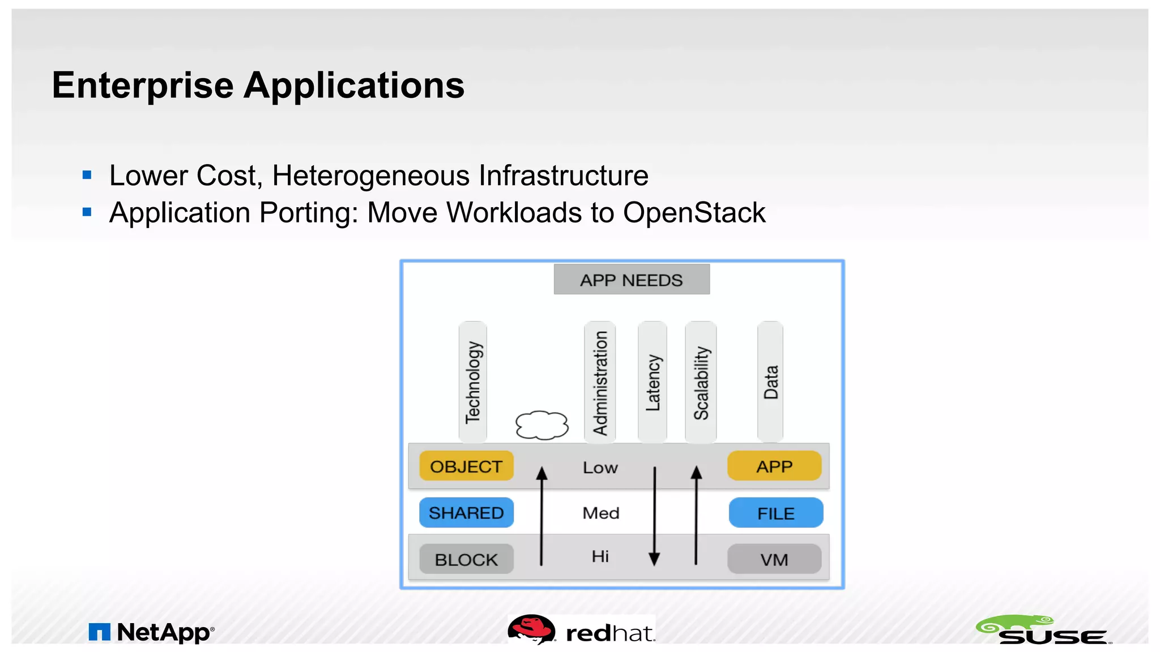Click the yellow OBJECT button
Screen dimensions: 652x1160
[466, 466]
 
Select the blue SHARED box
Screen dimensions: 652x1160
[466, 513]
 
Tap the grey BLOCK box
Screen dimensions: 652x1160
[466, 559]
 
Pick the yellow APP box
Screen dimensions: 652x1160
[774, 466]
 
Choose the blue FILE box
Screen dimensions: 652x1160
[775, 513]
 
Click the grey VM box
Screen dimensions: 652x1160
[774, 559]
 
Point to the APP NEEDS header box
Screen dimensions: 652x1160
[632, 280]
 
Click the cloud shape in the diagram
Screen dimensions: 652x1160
[541, 425]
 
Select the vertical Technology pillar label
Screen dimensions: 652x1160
[473, 382]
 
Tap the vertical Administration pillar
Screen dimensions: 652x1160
[600, 382]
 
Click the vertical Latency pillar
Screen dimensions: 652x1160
[652, 382]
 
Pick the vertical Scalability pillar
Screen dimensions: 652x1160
[701, 382]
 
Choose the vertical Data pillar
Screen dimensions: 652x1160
[770, 382]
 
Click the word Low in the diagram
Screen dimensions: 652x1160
[600, 468]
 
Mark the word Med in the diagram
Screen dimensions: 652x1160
[601, 513]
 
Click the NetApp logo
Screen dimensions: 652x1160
[152, 632]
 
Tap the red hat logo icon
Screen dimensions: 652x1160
[531, 629]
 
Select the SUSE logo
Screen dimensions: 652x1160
[1043, 630]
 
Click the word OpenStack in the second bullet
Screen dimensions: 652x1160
[694, 213]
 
